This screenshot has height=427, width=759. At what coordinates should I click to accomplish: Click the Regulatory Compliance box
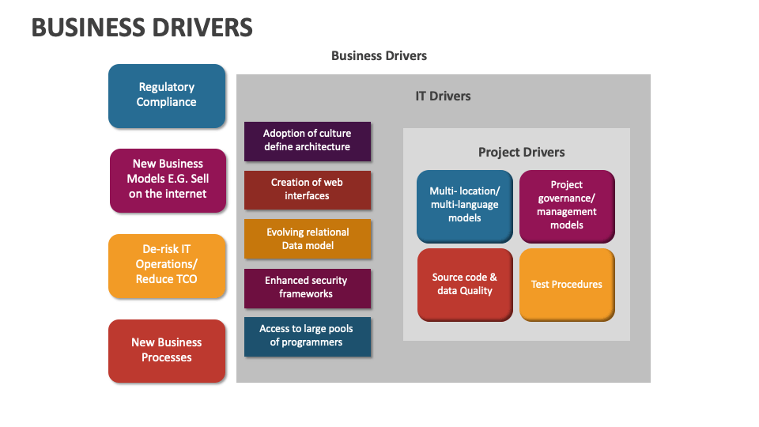point(167,95)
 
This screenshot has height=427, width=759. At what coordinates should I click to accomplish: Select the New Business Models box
point(167,179)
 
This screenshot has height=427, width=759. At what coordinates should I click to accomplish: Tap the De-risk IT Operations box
point(167,265)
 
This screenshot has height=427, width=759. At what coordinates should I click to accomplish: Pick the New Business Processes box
point(167,350)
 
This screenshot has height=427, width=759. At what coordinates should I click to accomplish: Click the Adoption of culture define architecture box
point(308,141)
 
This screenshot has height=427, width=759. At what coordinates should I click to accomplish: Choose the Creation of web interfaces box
point(308,190)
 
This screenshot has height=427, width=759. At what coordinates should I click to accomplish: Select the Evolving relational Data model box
point(308,239)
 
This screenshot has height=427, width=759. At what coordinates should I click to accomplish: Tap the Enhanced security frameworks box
point(308,287)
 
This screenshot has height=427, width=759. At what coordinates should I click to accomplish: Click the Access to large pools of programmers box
point(308,336)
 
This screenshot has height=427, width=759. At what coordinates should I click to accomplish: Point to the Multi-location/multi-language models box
point(465,205)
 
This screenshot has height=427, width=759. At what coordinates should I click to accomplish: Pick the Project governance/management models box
point(567,205)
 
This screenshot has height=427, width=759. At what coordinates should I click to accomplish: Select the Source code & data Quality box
point(465,284)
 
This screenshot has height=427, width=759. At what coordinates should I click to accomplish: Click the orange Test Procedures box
point(567,284)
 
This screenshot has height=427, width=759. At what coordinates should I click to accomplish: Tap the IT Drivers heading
point(443,96)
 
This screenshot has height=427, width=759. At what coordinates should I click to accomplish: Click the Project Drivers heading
point(522,153)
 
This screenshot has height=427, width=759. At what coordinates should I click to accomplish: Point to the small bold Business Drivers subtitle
point(379,56)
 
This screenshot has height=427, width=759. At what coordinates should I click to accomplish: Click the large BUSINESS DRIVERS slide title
point(142,28)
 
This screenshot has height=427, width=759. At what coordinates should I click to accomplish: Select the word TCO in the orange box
point(184,279)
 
